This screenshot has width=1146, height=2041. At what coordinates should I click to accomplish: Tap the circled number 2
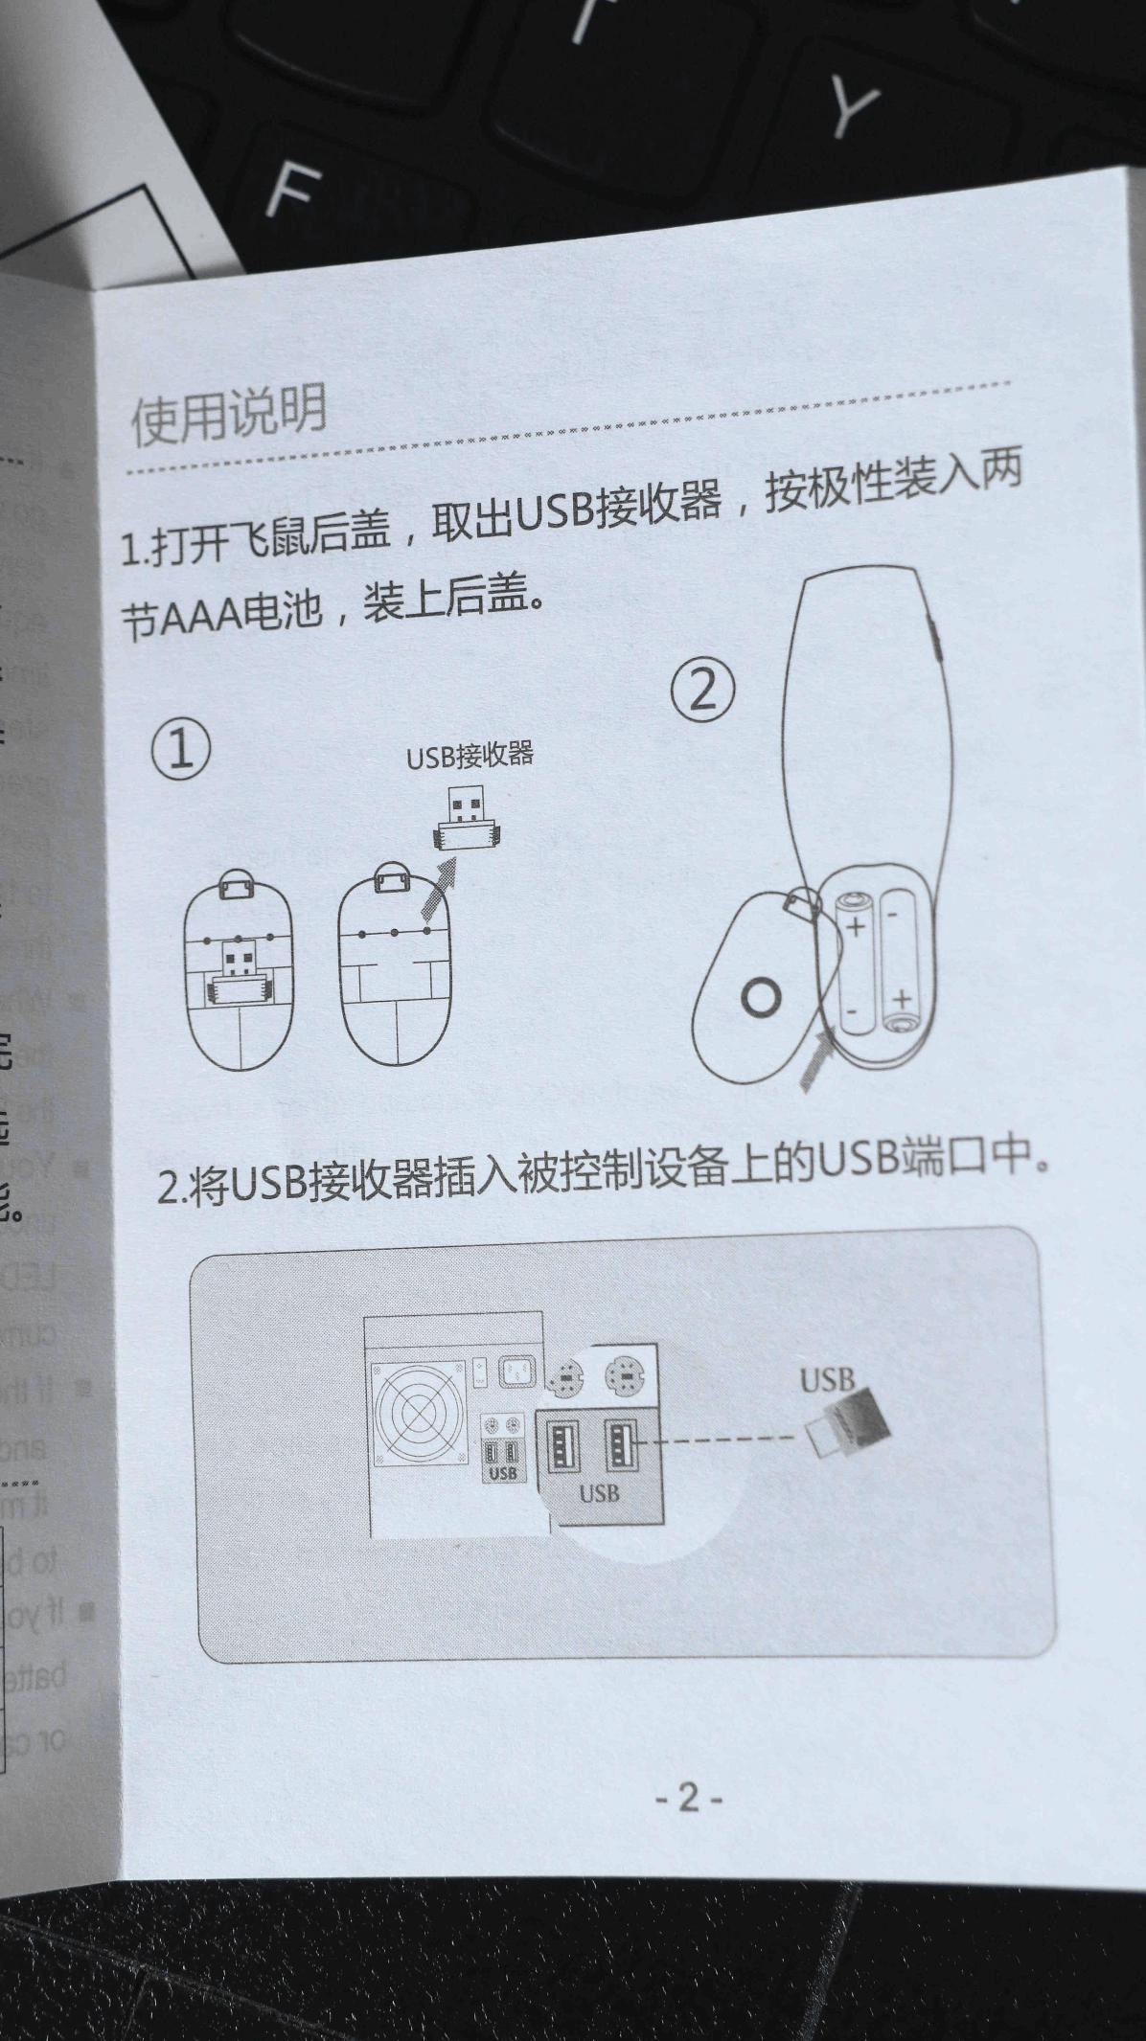coord(702,690)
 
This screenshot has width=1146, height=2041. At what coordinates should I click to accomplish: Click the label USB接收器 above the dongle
coord(470,756)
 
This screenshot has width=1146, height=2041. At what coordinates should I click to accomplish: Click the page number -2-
coord(688,1797)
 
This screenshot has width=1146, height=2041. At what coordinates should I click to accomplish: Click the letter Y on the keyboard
coord(853,107)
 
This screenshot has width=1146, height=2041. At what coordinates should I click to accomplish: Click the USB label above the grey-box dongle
coord(827,1380)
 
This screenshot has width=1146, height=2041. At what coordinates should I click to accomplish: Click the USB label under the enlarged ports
coord(599,1493)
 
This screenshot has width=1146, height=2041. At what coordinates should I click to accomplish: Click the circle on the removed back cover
coord(761,997)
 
